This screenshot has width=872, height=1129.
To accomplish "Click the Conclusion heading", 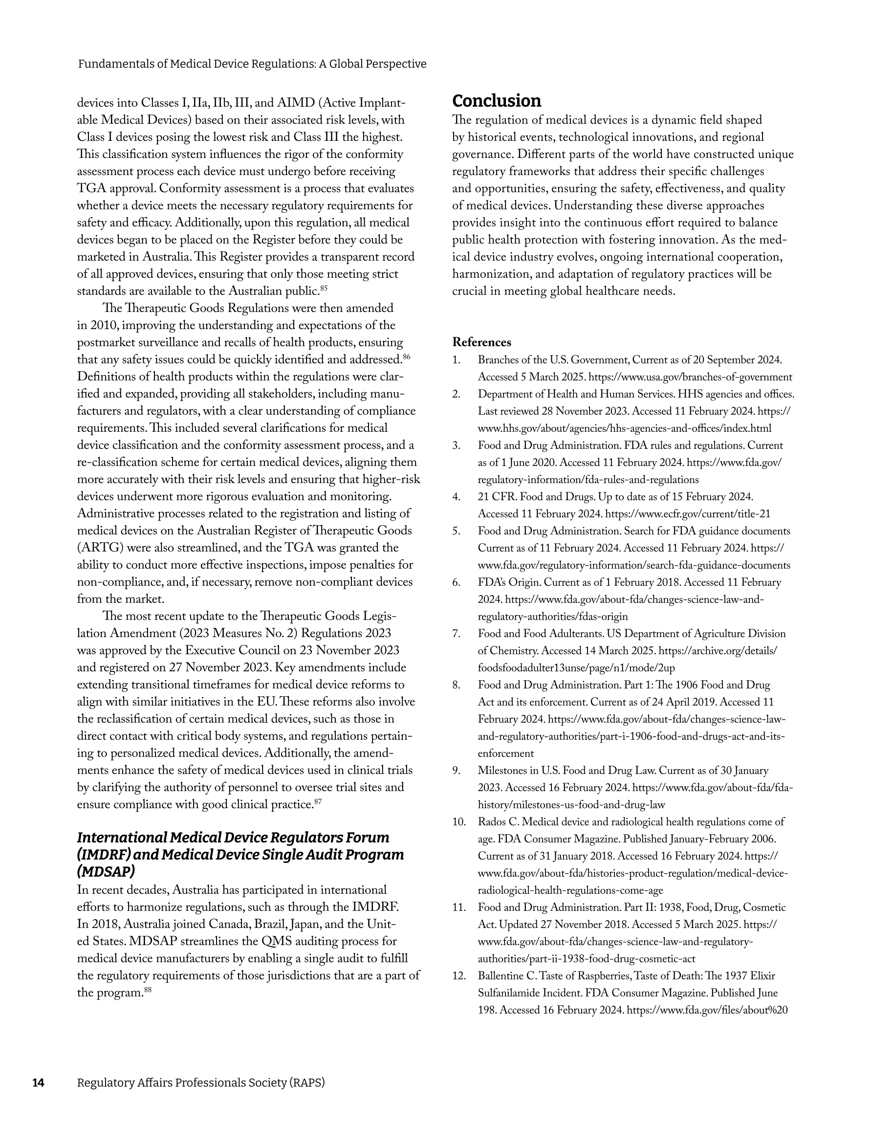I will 496,101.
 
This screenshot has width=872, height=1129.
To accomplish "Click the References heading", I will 481,342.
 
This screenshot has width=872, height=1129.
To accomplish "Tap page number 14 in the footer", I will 38,1083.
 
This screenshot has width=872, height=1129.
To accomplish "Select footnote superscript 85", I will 324,288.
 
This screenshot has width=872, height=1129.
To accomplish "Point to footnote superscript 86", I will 406,356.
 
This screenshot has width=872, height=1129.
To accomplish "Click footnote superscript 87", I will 318,802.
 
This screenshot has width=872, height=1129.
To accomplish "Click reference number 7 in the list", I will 456,634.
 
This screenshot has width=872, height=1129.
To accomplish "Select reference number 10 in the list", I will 458,822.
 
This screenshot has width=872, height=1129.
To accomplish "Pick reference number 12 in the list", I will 458,976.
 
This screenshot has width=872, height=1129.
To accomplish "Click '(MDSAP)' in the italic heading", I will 106,872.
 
